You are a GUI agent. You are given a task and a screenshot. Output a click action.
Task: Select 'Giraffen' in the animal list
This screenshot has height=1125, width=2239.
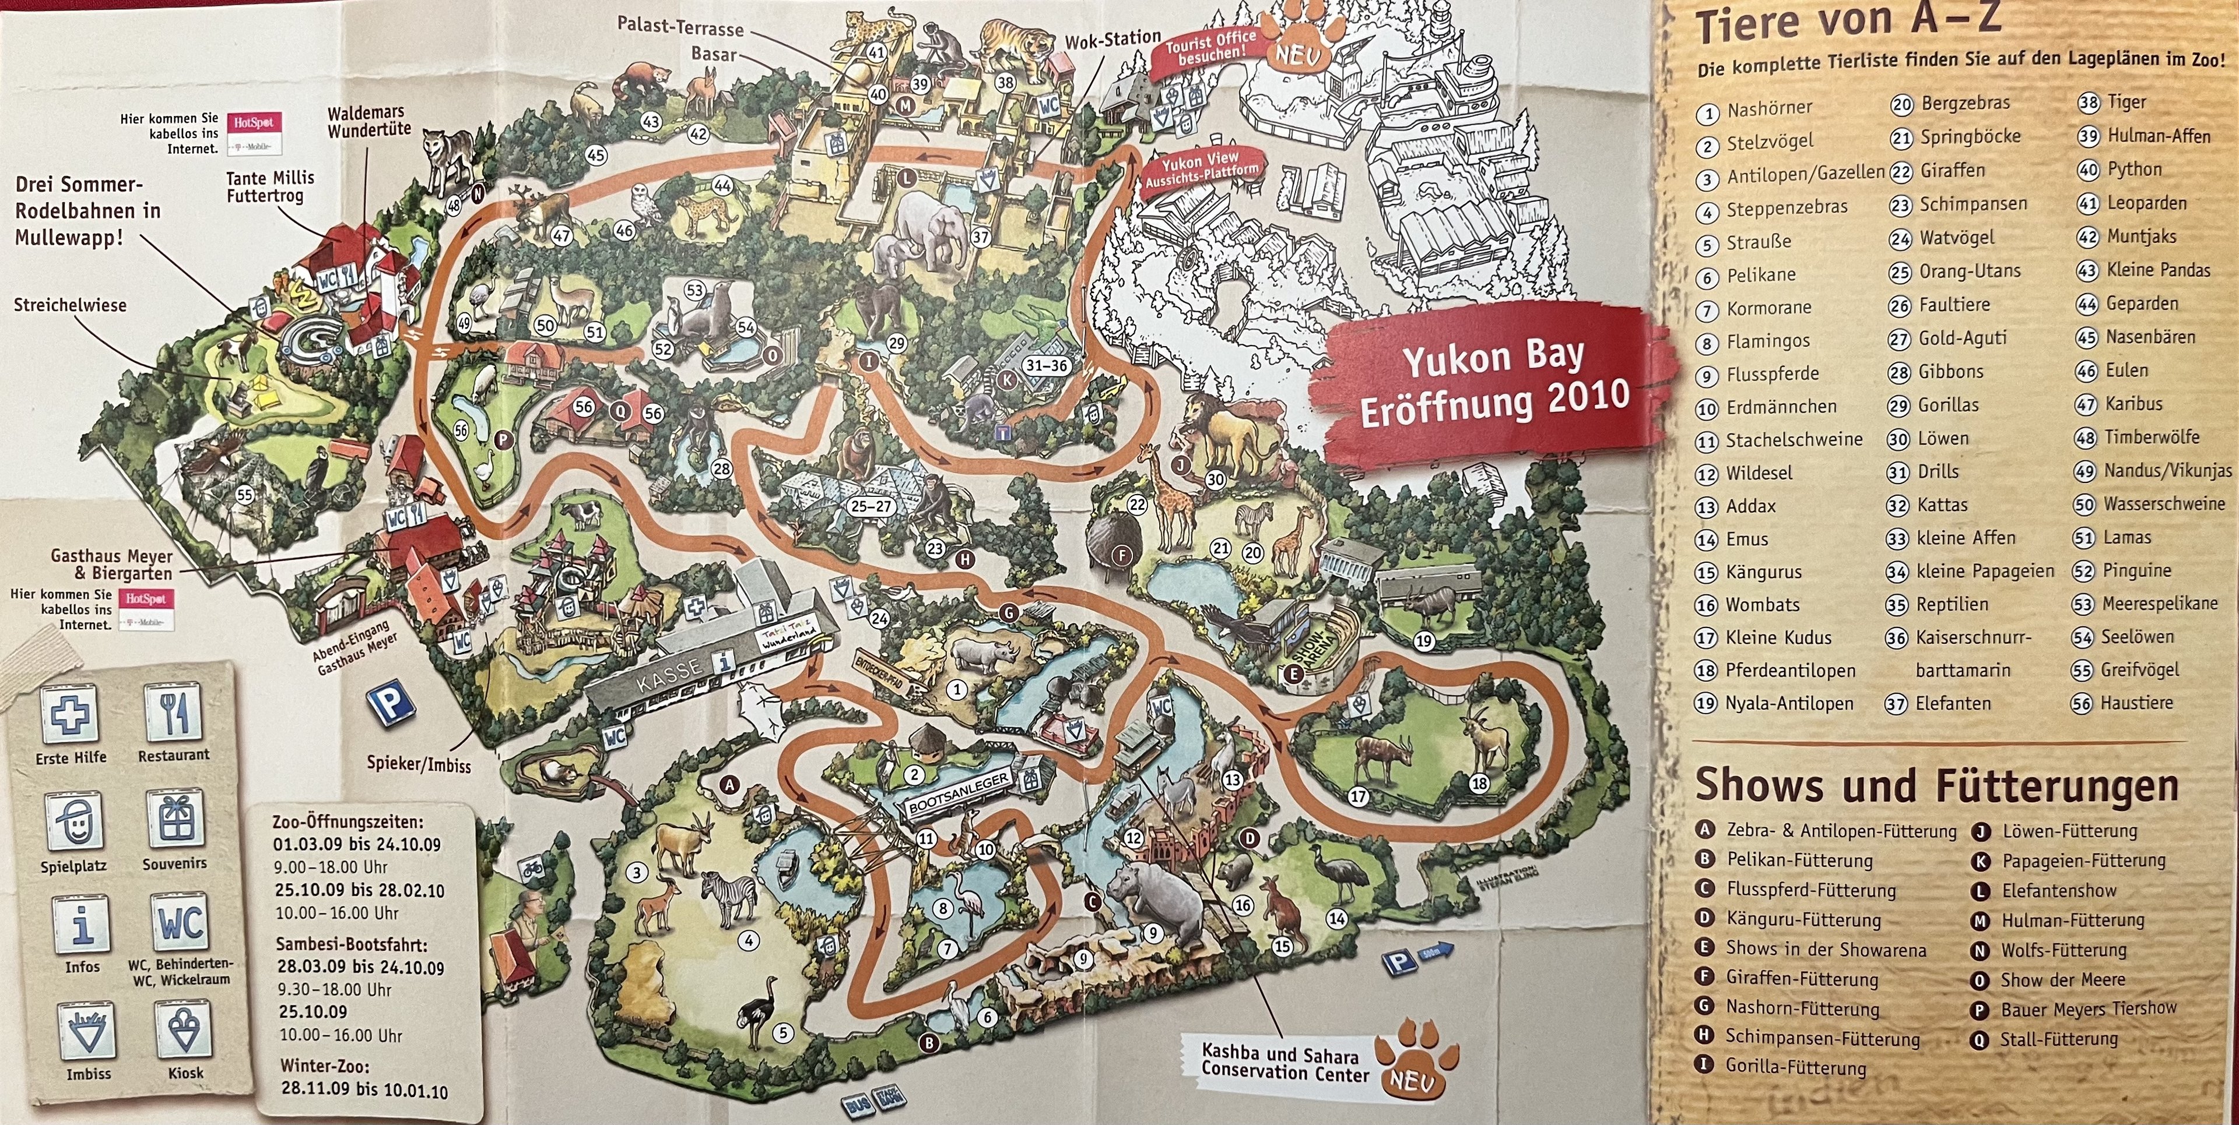[1952, 170]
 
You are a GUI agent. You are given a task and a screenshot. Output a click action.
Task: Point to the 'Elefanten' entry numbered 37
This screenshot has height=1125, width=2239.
[1952, 703]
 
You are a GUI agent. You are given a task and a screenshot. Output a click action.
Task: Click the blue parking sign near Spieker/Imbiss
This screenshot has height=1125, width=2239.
[388, 702]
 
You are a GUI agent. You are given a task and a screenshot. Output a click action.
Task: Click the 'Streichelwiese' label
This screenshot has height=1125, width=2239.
[69, 305]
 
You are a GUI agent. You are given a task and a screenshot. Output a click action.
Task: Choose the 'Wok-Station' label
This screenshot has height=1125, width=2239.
[1113, 38]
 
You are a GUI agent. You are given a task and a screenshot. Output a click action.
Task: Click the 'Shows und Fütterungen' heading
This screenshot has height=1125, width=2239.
[1936, 785]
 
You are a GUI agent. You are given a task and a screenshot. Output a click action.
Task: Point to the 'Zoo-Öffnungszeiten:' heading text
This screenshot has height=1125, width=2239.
[348, 821]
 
